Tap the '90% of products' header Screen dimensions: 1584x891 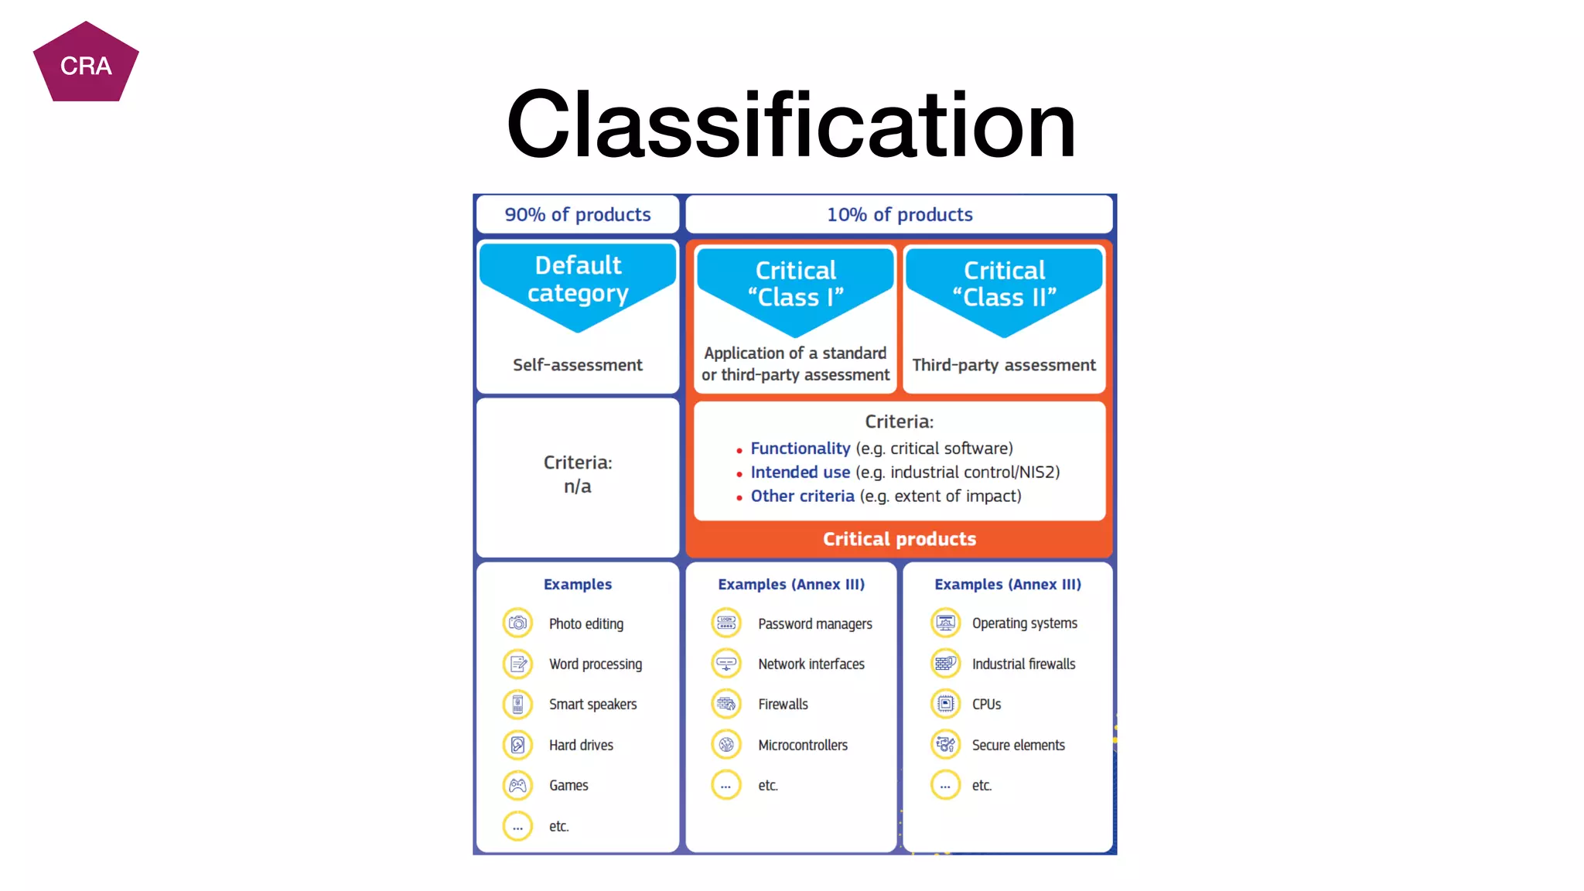pos(578,214)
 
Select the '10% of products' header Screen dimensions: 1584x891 pos(900,214)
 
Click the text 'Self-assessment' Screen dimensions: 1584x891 pos(578,364)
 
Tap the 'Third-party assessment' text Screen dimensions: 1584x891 pos(1004,364)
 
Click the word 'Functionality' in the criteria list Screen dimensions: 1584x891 pos(801,449)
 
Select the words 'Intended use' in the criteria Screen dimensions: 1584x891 pos(801,472)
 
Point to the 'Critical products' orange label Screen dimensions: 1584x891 pos(900,539)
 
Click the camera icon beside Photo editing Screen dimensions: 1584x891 pos(517,623)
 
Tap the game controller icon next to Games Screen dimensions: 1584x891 pos(517,785)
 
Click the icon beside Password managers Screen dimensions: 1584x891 pos(726,623)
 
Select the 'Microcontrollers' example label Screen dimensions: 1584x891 pos(803,745)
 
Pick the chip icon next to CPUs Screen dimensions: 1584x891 pos(945,704)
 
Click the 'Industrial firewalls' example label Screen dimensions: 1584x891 pos(1023,664)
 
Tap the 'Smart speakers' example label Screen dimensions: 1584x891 pos(593,705)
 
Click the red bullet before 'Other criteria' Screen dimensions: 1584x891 pos(739,498)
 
